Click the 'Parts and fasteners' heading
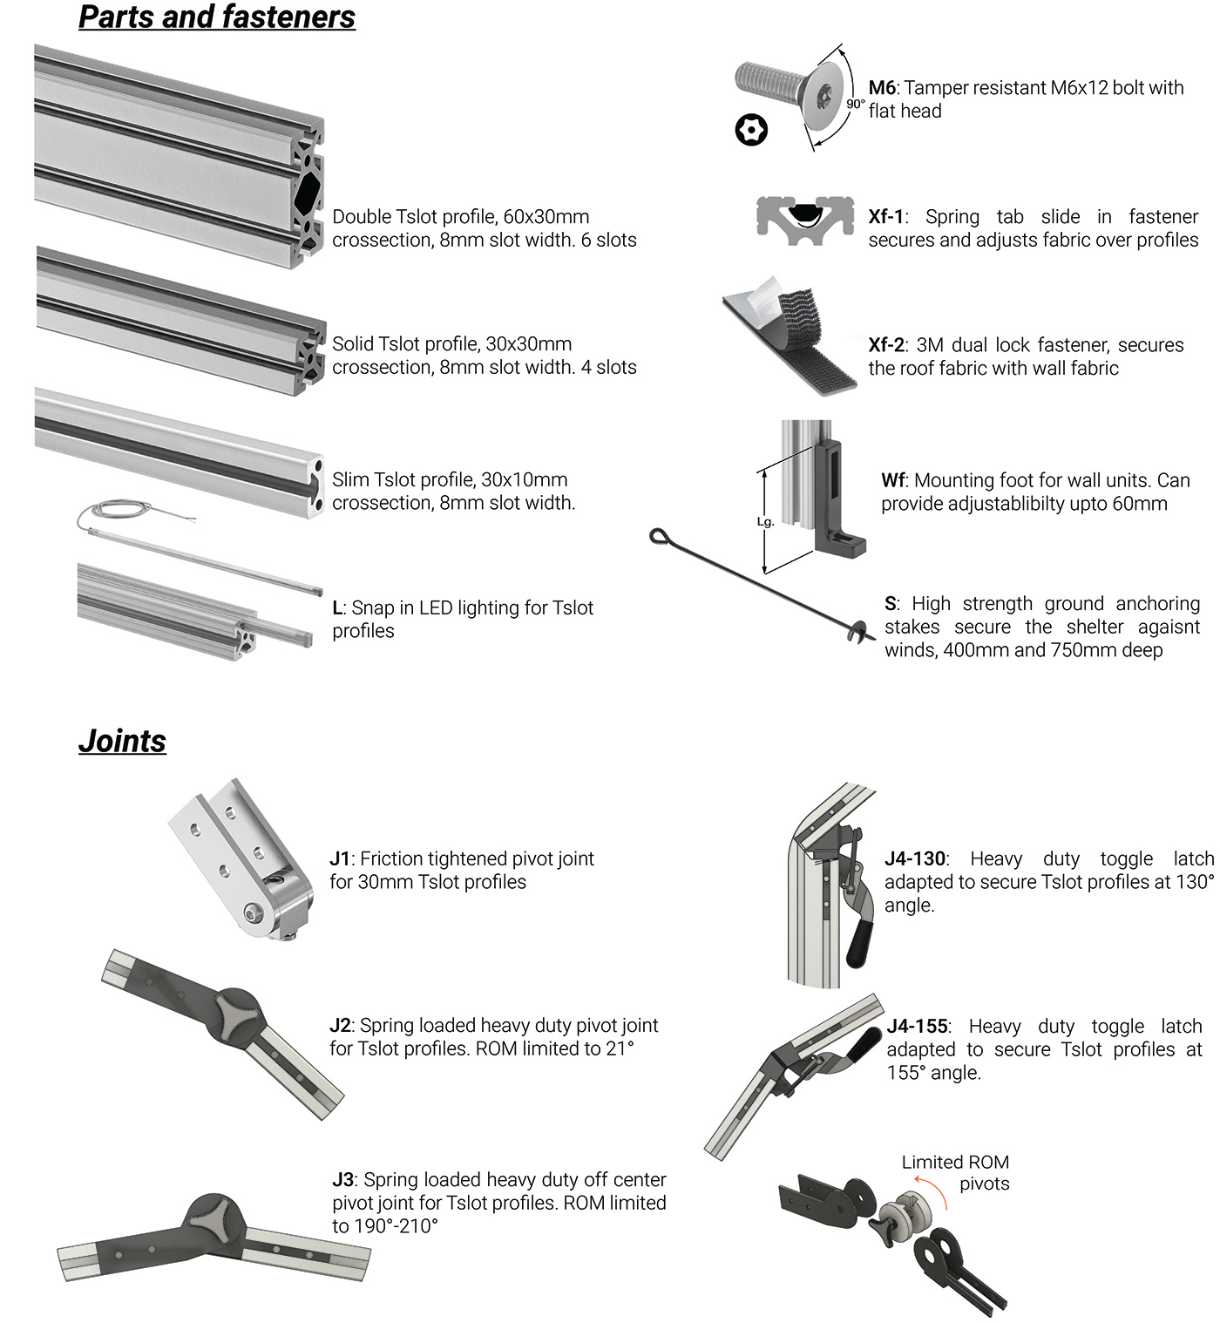[x=217, y=17]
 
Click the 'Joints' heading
[x=122, y=741]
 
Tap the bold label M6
[x=882, y=88]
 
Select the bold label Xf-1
[x=886, y=217]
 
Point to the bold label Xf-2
[x=886, y=345]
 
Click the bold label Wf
[x=893, y=480]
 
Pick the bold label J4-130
[x=915, y=859]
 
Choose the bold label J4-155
[x=917, y=1027]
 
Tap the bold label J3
[x=343, y=1180]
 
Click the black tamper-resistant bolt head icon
[x=751, y=131]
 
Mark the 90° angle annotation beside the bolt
[x=855, y=104]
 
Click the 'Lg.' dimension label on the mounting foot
[x=765, y=522]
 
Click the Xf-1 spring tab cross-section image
[x=803, y=219]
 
